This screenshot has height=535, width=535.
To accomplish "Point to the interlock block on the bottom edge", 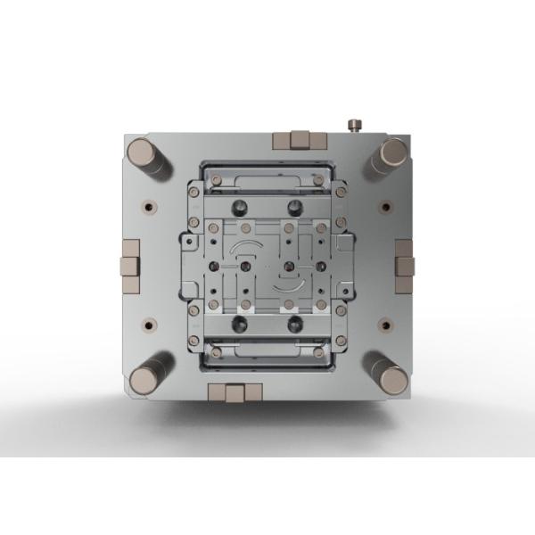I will [234, 393].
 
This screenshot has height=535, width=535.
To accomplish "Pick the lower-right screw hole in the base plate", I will [385, 326].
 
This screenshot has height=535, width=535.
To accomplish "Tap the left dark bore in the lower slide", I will [239, 323].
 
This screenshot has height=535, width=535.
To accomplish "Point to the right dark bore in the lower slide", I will [294, 323].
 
